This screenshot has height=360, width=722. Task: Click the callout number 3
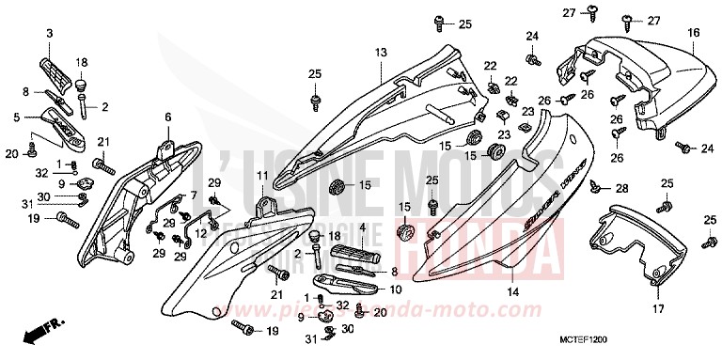[50, 35]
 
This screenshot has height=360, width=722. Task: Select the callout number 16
[694, 33]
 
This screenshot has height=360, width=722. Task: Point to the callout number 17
[657, 307]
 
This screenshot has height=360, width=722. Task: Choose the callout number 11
[261, 176]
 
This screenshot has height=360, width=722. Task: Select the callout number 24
[531, 36]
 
